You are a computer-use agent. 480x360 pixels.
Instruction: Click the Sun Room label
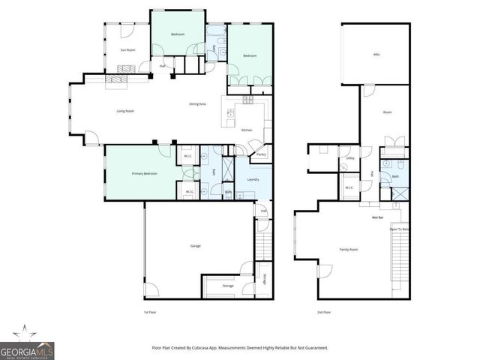point(127,50)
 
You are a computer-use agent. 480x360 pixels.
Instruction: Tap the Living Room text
point(124,111)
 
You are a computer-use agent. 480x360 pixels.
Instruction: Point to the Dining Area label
point(198,103)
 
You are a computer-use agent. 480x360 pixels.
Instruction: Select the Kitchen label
point(247,130)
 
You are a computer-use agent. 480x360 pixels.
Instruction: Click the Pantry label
point(261,154)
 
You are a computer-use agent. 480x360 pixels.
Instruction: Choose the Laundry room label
point(253,179)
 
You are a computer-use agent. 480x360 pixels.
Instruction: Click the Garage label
point(196,246)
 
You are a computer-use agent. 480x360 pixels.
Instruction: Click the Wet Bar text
point(378,218)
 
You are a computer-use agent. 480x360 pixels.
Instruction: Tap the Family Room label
point(349,249)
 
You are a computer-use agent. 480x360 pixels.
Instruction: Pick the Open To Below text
point(400,229)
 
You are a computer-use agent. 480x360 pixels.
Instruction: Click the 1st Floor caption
point(151,311)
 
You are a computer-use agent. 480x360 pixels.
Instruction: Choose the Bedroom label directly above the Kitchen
point(249,56)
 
